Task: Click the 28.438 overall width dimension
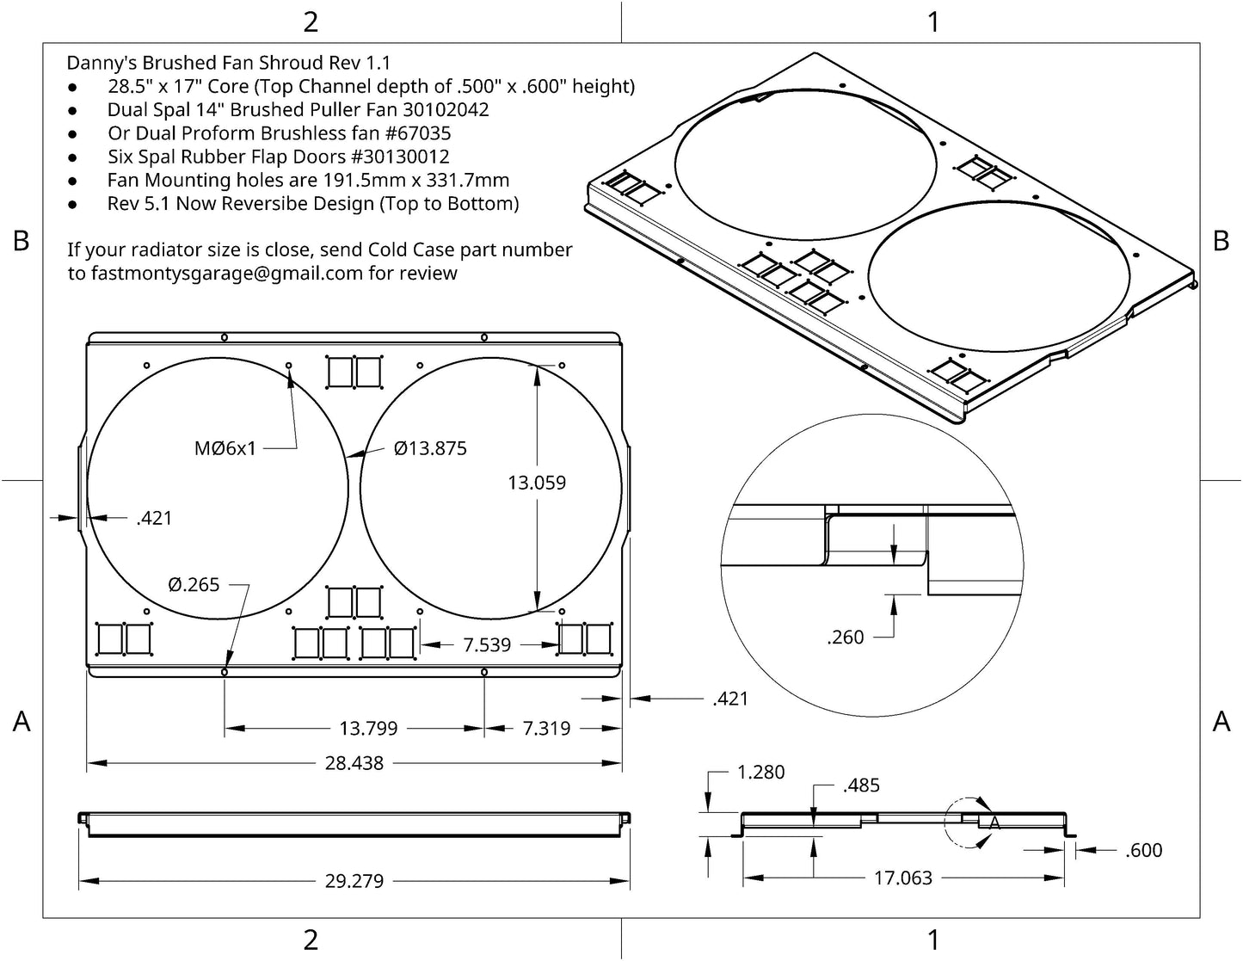[x=354, y=763]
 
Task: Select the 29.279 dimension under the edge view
[x=354, y=881]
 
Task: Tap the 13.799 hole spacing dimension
[x=368, y=729]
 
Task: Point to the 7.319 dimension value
[x=546, y=729]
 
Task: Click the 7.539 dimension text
[x=487, y=644]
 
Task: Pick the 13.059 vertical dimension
[x=537, y=483]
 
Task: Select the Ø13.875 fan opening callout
[x=430, y=448]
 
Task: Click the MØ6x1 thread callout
[x=225, y=448]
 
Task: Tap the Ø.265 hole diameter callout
[x=194, y=585]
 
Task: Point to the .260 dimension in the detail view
[x=845, y=638]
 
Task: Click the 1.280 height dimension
[x=761, y=773]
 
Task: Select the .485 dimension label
[x=861, y=785]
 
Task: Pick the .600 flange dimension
[x=1143, y=850]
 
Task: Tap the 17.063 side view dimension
[x=902, y=878]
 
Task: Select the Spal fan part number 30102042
[x=443, y=110]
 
